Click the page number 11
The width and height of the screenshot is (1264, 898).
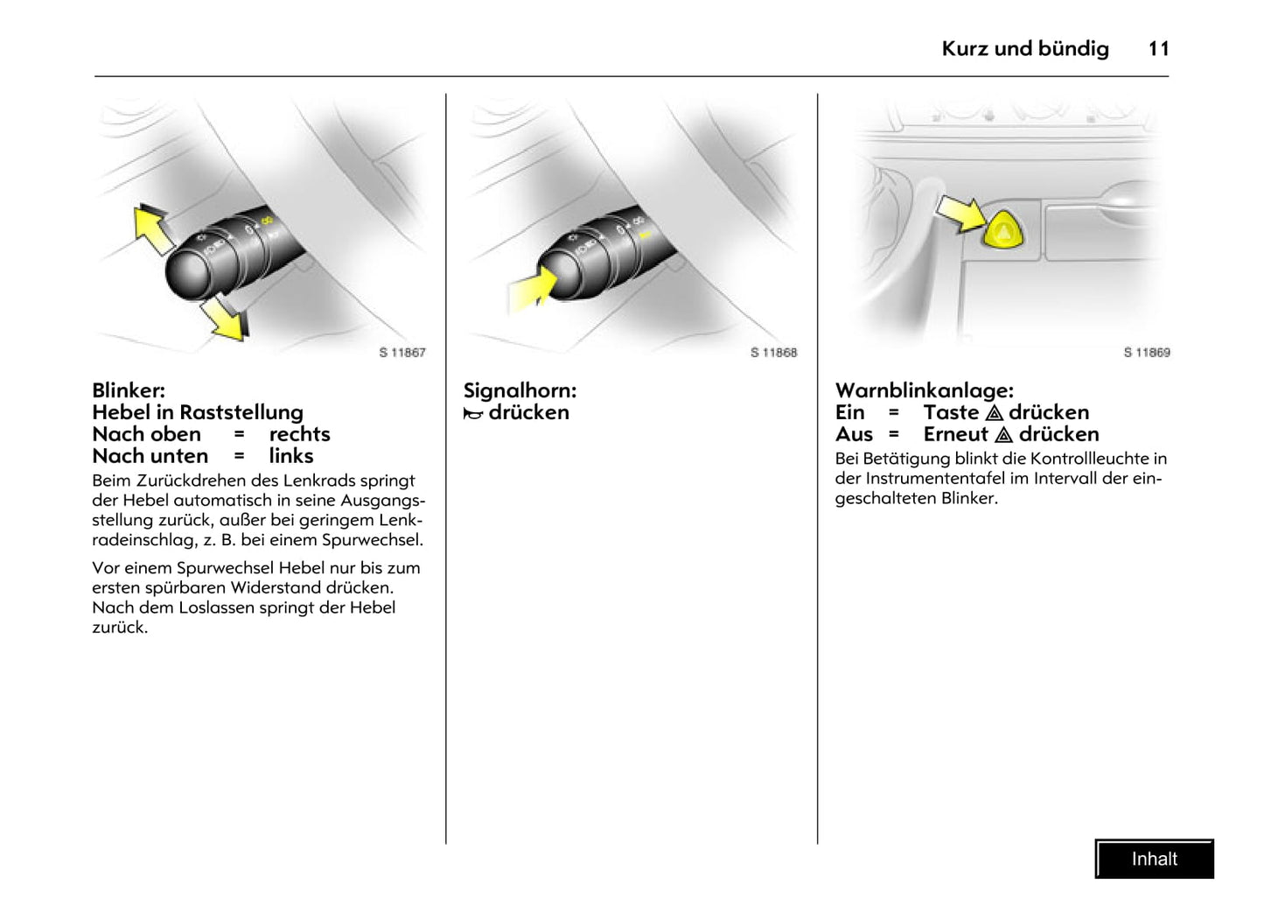1158,49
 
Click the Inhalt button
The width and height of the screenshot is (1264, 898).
1154,859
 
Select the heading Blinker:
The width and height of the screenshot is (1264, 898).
129,390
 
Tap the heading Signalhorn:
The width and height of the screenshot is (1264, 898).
520,390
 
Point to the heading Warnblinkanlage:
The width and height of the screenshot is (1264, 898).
924,390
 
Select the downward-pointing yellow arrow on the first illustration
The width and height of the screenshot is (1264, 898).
224,319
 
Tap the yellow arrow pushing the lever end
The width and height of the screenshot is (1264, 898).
531,290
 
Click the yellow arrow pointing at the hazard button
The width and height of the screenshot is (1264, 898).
960,213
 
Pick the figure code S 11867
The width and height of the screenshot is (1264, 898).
402,353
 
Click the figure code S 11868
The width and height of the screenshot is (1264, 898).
774,353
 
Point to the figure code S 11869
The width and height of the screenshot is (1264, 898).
1146,353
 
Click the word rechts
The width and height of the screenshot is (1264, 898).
299,434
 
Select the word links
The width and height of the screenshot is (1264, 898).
290,456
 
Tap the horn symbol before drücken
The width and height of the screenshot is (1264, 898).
473,413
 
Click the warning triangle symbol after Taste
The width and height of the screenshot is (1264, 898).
994,413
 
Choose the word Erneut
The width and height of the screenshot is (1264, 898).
955,434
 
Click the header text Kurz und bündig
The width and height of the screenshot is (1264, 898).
1024,49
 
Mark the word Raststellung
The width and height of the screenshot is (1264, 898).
241,412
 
